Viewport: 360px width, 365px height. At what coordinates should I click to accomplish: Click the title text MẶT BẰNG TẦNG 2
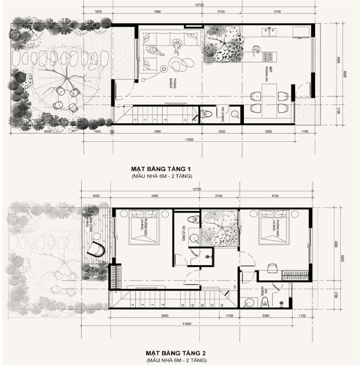[x=176, y=353]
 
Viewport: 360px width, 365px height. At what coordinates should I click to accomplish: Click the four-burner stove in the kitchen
[x=268, y=57]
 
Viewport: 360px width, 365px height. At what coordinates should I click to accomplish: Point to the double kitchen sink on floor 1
[x=273, y=31]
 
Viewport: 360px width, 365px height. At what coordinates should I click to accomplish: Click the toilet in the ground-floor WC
[x=206, y=115]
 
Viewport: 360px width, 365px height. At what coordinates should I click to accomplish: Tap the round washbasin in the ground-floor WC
[x=234, y=115]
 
